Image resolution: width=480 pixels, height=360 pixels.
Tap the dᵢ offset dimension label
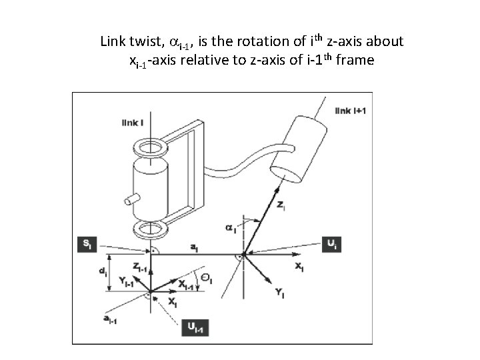[100, 272]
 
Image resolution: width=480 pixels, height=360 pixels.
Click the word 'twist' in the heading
[141, 42]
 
